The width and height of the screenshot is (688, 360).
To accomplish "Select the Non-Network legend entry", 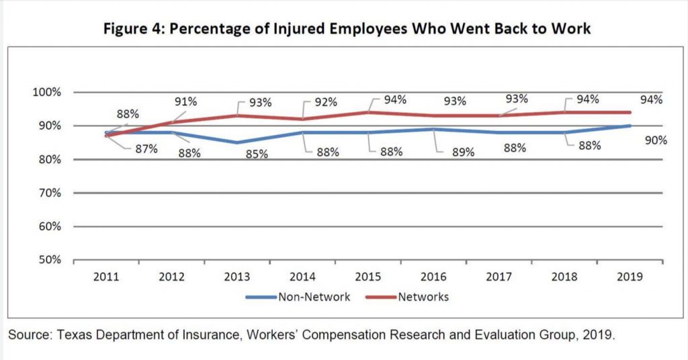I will coord(314,296).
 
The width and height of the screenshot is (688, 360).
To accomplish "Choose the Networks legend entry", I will coord(423,296).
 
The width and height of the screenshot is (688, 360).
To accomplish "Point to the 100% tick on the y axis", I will coord(48,92).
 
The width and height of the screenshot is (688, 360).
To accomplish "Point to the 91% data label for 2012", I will coord(185,102).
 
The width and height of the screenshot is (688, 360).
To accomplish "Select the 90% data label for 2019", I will coord(654,140).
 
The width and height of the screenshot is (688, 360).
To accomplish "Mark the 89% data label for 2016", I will coord(463,152).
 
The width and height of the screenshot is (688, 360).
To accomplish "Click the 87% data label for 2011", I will coord(145,148).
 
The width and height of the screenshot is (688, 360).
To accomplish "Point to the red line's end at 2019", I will coord(630,112).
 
